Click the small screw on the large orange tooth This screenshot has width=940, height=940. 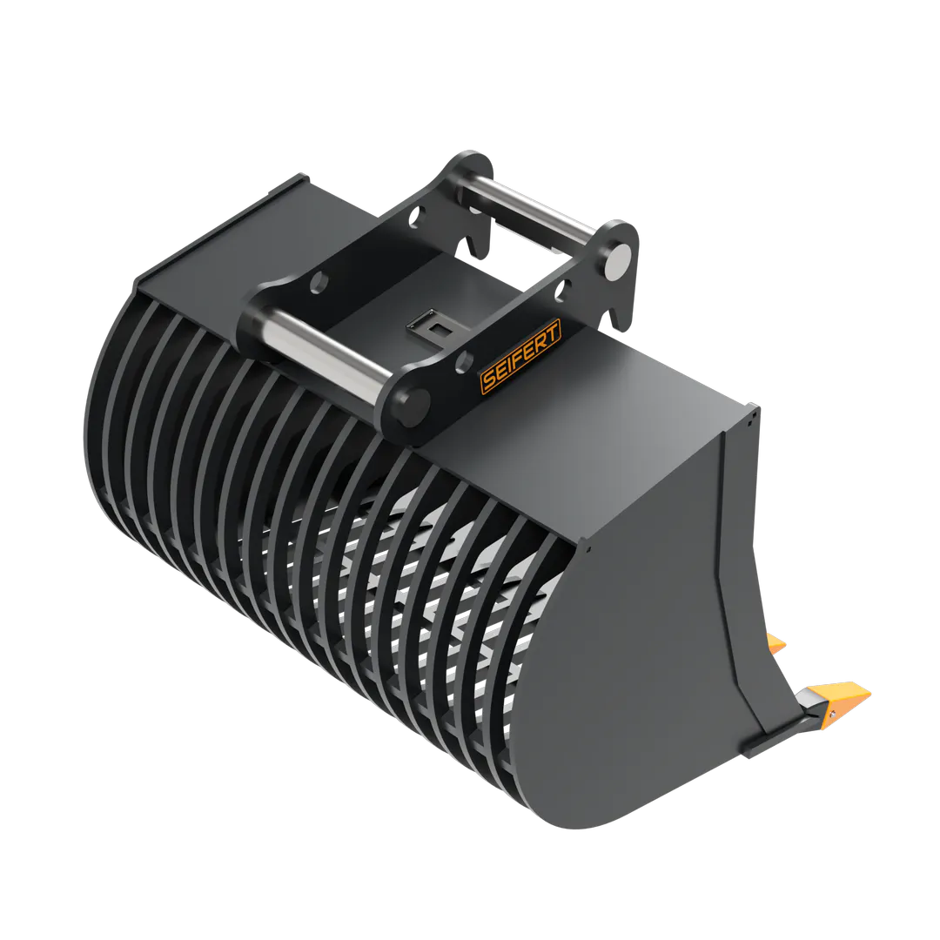[x=832, y=714]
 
